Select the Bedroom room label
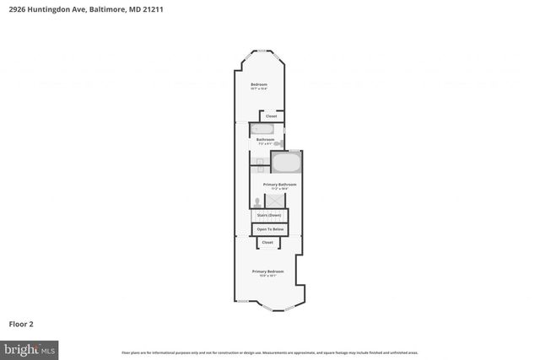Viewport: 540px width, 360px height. [259, 85]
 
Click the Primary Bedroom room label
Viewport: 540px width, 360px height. [267, 272]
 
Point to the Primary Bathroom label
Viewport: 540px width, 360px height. [279, 185]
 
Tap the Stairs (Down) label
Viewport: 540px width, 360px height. [270, 216]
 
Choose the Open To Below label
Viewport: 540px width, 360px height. [270, 229]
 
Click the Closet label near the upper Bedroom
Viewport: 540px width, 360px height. [271, 116]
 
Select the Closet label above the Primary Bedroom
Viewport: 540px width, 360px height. [267, 243]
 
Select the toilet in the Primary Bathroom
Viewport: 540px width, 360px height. [257, 202]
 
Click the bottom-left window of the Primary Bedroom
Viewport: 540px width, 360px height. [242, 302]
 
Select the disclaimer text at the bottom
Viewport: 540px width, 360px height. [270, 352]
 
